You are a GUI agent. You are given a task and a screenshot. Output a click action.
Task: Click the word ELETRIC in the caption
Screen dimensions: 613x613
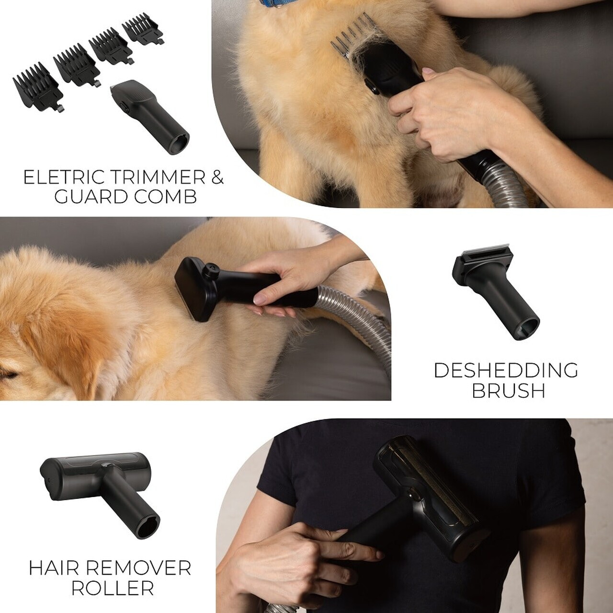(64, 177)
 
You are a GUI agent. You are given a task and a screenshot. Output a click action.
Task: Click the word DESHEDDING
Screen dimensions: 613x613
(506, 370)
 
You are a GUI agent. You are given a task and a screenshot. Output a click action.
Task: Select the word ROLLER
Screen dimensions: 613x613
(113, 588)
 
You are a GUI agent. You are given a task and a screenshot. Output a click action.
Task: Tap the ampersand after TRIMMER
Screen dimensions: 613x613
(217, 177)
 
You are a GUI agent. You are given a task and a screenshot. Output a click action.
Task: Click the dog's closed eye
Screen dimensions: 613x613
(9, 375)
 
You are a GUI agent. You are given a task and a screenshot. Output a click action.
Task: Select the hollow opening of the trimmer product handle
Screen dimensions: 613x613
(179, 143)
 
